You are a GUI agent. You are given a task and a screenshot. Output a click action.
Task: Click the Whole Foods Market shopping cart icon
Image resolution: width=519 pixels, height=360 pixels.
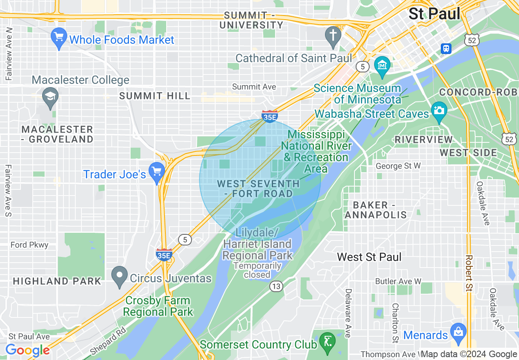click(x=59, y=38)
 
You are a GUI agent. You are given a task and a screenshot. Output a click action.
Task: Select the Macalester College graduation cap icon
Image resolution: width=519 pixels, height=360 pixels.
click(x=50, y=97)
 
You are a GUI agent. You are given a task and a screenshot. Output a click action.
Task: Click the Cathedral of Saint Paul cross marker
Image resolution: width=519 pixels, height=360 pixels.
click(x=333, y=35)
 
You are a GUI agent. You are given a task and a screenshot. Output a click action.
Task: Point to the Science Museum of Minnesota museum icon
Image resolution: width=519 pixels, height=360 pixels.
click(x=382, y=65)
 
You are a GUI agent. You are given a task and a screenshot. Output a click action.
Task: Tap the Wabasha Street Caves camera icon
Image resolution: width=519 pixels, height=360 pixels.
click(x=439, y=110)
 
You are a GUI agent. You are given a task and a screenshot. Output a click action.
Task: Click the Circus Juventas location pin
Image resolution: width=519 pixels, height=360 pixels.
click(x=120, y=276)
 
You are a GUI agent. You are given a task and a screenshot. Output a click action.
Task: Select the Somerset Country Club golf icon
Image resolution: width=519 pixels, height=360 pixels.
click(x=327, y=340)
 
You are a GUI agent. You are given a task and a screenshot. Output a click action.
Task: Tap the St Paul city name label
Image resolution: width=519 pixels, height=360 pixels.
click(x=434, y=13)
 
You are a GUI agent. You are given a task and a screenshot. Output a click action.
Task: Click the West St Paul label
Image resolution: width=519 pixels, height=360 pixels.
click(x=369, y=257)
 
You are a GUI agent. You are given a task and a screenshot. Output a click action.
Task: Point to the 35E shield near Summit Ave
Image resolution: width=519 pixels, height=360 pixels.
click(x=270, y=116)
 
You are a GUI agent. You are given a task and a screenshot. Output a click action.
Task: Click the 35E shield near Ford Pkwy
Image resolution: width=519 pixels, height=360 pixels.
click(x=164, y=254)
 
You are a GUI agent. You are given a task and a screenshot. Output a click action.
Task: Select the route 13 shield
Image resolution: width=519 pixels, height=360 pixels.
click(x=276, y=286)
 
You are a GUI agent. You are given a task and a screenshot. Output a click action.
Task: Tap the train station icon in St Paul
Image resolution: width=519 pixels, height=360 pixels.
click(x=446, y=49)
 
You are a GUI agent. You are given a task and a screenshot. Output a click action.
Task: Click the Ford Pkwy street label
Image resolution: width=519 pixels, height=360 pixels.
click(x=29, y=245)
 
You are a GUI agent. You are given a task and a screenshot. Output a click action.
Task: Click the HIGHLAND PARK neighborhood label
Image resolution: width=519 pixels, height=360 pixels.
click(x=57, y=281)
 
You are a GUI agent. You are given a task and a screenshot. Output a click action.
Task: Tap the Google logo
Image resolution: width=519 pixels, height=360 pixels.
click(x=27, y=351)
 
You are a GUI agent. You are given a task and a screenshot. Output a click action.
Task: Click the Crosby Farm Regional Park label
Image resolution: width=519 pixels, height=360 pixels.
click(x=158, y=306)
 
